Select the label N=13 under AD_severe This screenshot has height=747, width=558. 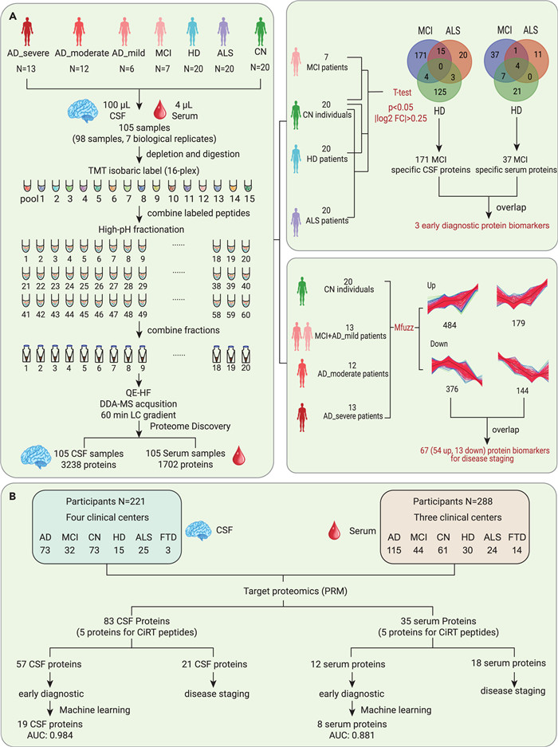click(x=26, y=69)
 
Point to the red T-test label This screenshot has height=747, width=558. click(x=402, y=92)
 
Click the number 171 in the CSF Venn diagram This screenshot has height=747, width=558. click(x=420, y=55)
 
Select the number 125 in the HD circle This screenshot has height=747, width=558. click(x=440, y=91)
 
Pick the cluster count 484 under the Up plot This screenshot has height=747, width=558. click(x=450, y=325)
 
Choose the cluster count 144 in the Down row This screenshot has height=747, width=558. click(x=522, y=391)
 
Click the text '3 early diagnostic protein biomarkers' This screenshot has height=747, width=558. click(x=481, y=225)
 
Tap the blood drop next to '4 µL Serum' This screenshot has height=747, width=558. click(x=160, y=110)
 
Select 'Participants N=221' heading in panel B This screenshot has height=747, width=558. click(x=105, y=501)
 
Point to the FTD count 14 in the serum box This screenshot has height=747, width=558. click(x=517, y=550)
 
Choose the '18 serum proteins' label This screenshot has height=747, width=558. click(x=509, y=662)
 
